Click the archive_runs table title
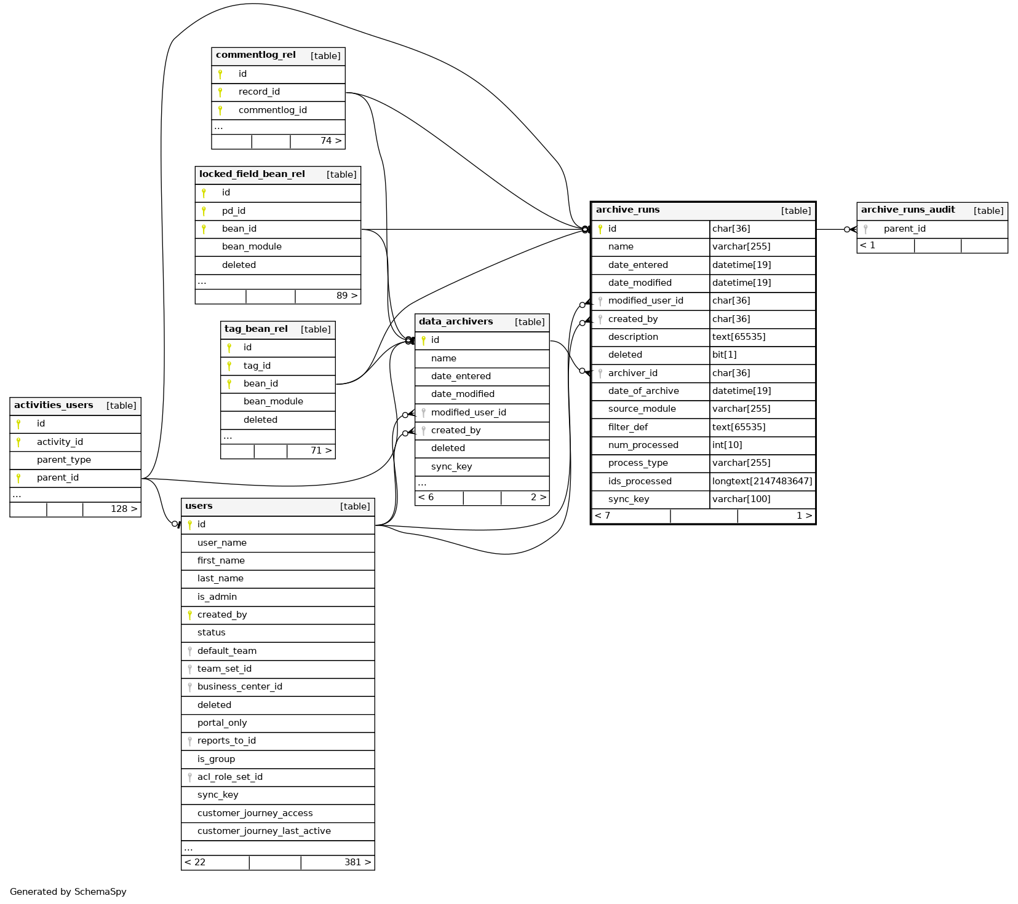pos(627,210)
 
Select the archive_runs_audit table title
pos(907,210)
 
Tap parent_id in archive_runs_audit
pos(904,229)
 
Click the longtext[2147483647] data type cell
pos(762,481)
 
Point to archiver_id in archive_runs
pos(632,373)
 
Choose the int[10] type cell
pos(727,445)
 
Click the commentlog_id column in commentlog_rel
pos(272,110)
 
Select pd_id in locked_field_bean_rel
pos(234,211)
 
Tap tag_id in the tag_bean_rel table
pos(256,366)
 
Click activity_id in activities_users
pos(60,442)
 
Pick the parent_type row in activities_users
pos(63,460)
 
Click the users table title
pos(199,506)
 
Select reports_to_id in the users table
pos(226,741)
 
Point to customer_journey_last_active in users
pos(264,831)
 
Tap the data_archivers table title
pos(456,322)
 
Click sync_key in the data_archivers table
pos(451,466)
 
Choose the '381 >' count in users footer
pos(357,862)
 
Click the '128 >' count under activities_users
pos(124,509)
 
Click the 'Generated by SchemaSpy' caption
pos(68,892)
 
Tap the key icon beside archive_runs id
pos(600,229)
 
